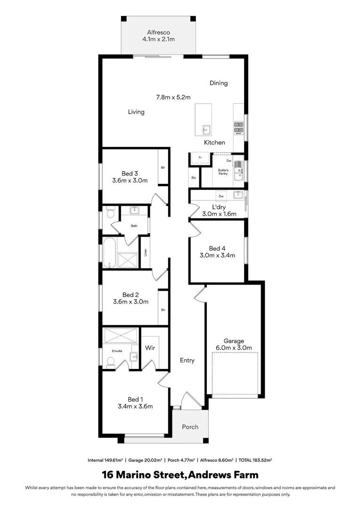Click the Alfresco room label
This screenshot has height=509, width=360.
click(x=158, y=32)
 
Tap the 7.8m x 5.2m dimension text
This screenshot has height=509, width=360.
click(x=173, y=98)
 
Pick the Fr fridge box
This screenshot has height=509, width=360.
click(x=200, y=157)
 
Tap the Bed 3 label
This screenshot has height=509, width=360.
click(x=130, y=173)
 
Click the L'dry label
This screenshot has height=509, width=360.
click(x=219, y=207)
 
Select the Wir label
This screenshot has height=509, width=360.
click(x=150, y=348)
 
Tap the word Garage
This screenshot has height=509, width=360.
click(x=234, y=341)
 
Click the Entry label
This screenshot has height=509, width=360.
click(x=187, y=361)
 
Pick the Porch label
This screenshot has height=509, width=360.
click(x=190, y=427)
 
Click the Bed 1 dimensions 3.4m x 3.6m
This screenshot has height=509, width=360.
click(x=135, y=406)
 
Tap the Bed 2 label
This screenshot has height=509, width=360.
click(x=130, y=295)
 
